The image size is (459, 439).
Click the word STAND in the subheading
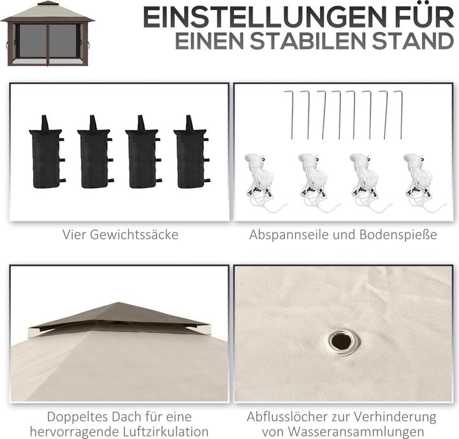(x=413, y=41)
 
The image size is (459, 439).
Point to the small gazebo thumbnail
(x=47, y=34)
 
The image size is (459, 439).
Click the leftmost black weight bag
(x=47, y=152)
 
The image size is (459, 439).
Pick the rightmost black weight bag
(x=191, y=152)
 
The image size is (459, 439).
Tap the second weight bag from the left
(x=95, y=152)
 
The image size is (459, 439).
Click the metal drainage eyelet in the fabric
(x=342, y=342)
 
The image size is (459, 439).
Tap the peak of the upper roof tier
(x=119, y=303)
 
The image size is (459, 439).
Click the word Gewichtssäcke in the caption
(x=133, y=234)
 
